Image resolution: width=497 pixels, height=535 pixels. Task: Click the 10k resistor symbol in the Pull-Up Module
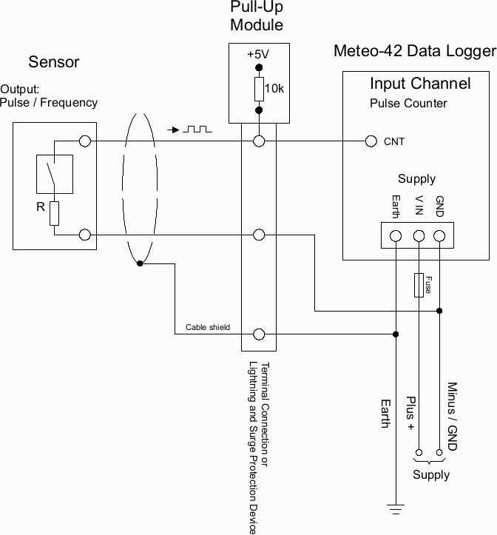click(x=259, y=90)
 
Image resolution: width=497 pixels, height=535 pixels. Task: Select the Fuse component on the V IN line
click(x=419, y=284)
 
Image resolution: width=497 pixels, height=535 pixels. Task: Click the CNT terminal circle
click(x=371, y=141)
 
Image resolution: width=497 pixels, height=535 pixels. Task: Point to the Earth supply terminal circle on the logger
click(x=396, y=236)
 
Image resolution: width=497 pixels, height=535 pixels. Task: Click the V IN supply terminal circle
click(x=419, y=236)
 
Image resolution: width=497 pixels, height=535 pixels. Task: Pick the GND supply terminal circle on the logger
click(x=440, y=236)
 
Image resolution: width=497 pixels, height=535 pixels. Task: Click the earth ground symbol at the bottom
click(x=396, y=508)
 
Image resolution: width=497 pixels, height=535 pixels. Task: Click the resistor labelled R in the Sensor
click(x=54, y=213)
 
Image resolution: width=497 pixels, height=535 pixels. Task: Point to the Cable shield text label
click(x=207, y=326)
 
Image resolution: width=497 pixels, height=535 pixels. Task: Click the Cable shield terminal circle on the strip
click(x=259, y=334)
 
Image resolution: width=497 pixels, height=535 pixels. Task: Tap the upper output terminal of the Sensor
click(x=85, y=141)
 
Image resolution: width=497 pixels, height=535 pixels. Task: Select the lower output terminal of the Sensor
click(x=85, y=235)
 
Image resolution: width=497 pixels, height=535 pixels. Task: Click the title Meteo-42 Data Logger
click(x=414, y=51)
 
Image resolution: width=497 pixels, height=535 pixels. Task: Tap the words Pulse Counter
click(x=408, y=103)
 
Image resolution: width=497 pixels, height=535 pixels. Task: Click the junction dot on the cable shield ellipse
click(x=139, y=263)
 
